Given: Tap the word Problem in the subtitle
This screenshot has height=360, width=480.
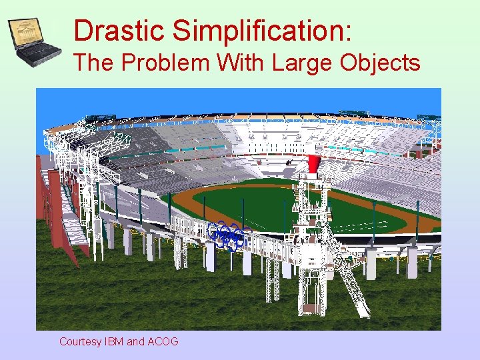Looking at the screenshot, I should (x=162, y=63).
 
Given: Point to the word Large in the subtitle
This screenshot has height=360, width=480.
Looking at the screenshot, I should (x=303, y=63).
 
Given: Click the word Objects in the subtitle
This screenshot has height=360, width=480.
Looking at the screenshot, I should (x=380, y=63).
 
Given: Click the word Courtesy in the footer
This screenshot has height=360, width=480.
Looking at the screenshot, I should (x=80, y=341).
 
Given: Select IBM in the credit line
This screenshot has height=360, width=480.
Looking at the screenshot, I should (x=114, y=341).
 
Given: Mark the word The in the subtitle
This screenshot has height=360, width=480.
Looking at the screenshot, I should (x=93, y=63).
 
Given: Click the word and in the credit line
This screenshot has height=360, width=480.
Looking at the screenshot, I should (x=135, y=341).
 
